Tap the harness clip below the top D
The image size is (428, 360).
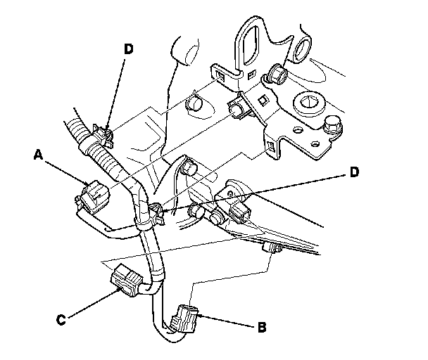100,134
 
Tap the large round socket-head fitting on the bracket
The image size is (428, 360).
308,104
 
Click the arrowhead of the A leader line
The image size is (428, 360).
84,186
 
